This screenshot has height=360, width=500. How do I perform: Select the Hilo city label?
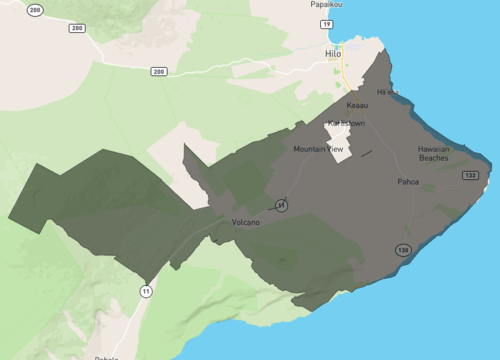[x=333, y=53]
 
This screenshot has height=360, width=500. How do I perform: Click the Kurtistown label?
[x=347, y=123]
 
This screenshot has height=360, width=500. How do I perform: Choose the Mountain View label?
[x=318, y=149]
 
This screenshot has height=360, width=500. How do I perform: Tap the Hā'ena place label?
[x=387, y=92]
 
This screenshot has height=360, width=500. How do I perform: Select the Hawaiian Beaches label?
[x=433, y=153]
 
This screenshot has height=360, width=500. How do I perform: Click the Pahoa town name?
[x=408, y=182]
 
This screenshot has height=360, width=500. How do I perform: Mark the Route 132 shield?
[x=470, y=176]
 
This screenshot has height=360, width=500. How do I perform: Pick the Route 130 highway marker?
[x=401, y=250]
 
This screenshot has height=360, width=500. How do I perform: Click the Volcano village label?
[x=245, y=222]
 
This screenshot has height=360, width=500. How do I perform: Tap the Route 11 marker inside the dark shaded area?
[x=282, y=204]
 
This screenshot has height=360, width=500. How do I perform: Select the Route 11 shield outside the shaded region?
[x=146, y=291]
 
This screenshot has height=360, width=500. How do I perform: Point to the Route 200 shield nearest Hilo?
[x=158, y=72]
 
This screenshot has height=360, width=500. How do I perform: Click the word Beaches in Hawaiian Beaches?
[x=433, y=158]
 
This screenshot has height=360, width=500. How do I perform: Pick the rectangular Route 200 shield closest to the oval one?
[x=76, y=28]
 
